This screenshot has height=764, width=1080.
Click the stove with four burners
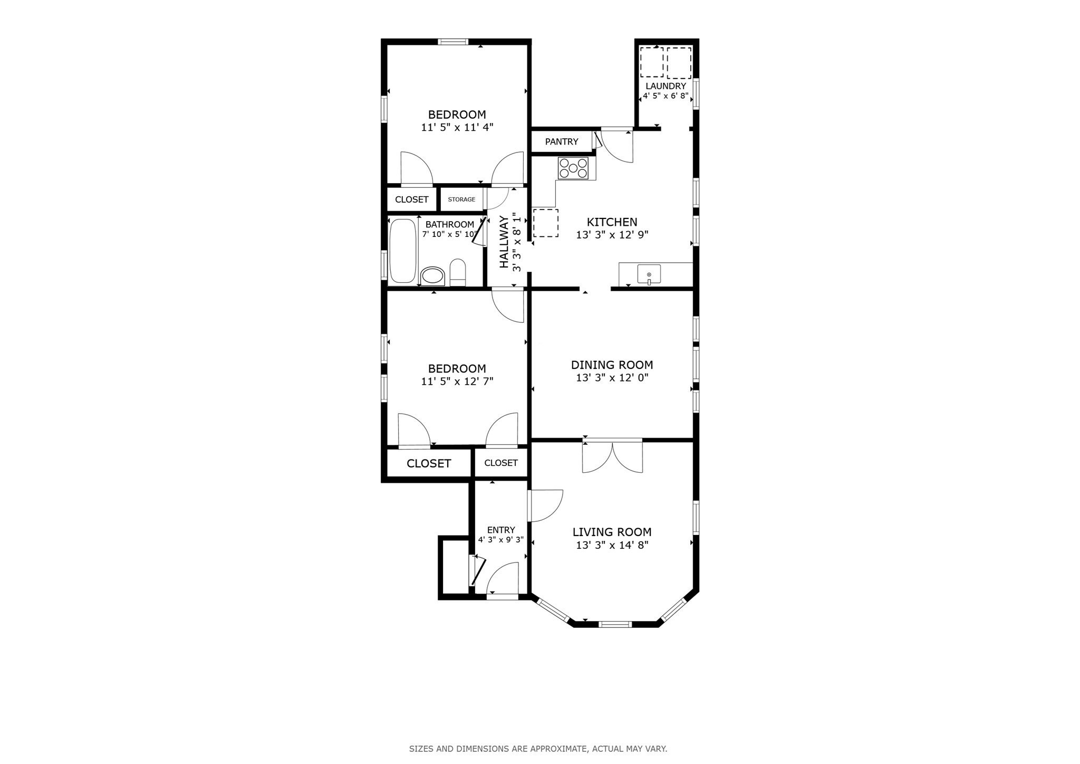pos(573,168)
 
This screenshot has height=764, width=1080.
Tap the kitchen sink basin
pos(649,274)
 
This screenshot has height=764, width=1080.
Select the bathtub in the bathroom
pos(403,251)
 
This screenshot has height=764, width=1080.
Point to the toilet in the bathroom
pos(458,272)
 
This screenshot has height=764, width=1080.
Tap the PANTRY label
pos(562,141)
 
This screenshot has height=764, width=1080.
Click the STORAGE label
pos(461,199)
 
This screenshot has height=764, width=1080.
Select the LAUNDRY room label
pos(666,86)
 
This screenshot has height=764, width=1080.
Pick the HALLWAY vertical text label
pos(504,242)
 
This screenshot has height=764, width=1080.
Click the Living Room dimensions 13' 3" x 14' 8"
pos(612,545)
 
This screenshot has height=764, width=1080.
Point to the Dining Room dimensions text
pos(612,378)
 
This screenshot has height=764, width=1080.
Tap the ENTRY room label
pos(501,530)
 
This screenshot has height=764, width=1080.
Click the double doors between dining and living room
pos(612,456)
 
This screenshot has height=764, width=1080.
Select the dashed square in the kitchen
pos(545,223)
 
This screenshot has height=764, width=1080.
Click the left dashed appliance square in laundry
pos(652,62)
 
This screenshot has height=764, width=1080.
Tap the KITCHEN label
pos(612,222)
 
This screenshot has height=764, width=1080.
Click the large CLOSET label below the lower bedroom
pos(429,463)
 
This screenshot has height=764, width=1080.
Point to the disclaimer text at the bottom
pos(538,748)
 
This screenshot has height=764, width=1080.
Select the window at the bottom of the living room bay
pos(615,625)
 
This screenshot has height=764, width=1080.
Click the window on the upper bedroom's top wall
pos(453,42)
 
